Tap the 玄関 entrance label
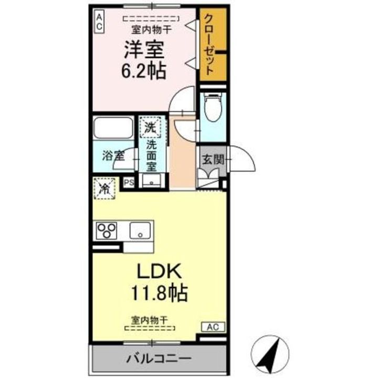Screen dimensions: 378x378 [213, 159]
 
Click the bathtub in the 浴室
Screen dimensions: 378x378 [113, 128]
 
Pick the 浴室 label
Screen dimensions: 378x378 [113, 155]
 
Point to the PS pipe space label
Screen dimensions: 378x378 [130, 182]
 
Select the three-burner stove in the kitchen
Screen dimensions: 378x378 [108, 230]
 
